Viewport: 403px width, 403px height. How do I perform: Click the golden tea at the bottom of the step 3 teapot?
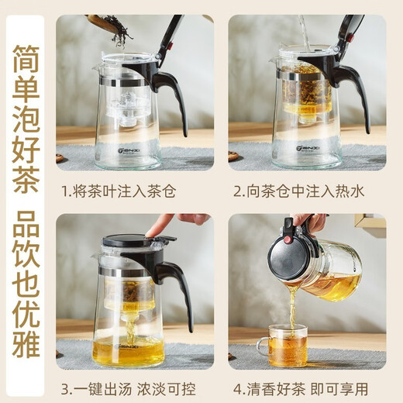pos(128,351)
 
